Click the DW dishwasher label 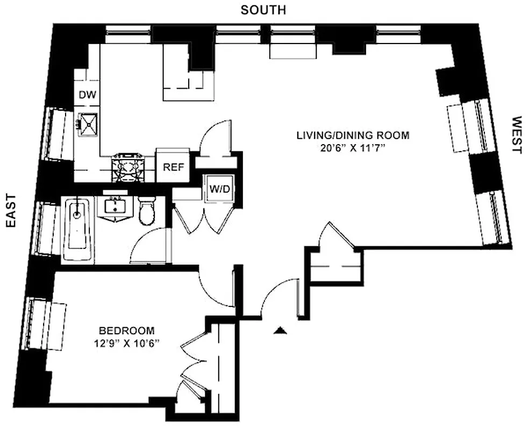pyautogui.click(x=87, y=95)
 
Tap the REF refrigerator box pyautogui.click(x=173, y=167)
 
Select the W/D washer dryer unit pyautogui.click(x=218, y=189)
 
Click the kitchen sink pyautogui.click(x=88, y=125)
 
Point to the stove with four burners pyautogui.click(x=128, y=167)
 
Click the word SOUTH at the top pyautogui.click(x=263, y=10)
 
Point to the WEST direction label pyautogui.click(x=516, y=135)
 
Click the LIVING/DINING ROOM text pyautogui.click(x=353, y=135)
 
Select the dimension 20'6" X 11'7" pyautogui.click(x=353, y=149)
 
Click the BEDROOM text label pyautogui.click(x=126, y=330)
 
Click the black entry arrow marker pyautogui.click(x=279, y=331)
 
